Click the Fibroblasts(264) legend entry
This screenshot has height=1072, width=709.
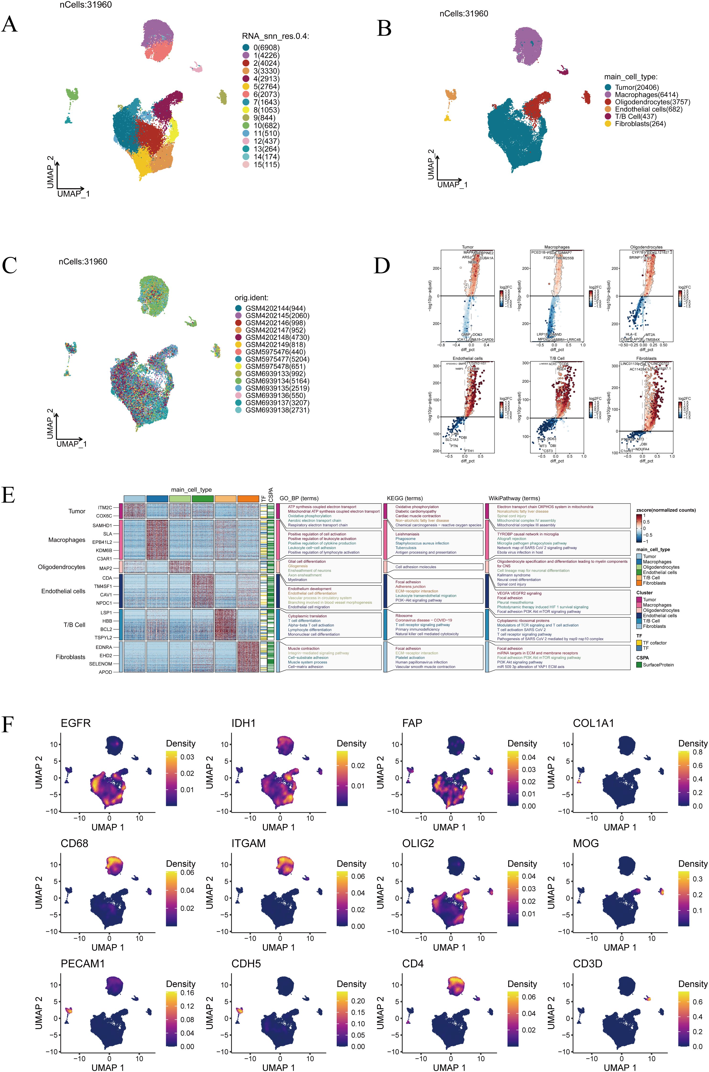pyautogui.click(x=640, y=123)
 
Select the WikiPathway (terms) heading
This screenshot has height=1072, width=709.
pyautogui.click(x=514, y=498)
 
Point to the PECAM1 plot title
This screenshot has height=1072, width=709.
pyautogui.click(x=83, y=964)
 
